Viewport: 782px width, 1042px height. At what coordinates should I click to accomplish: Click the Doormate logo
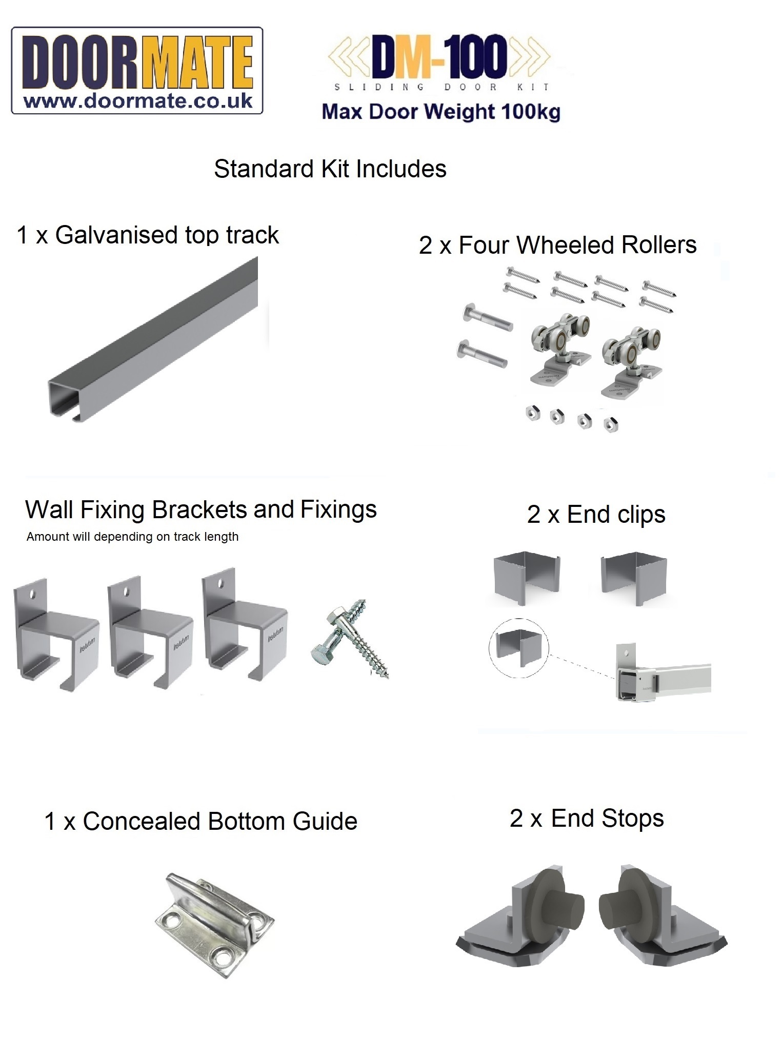[x=137, y=70]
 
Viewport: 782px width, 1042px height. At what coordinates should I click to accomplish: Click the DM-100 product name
[x=439, y=55]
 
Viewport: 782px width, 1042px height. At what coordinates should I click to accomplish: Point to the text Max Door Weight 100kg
[x=441, y=111]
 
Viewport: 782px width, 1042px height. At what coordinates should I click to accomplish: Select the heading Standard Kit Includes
[x=330, y=169]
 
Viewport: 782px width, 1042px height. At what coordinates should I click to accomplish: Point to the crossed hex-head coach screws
[x=350, y=638]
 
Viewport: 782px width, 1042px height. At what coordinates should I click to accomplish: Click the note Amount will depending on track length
[x=132, y=537]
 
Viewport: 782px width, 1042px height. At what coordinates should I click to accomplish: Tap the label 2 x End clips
[x=596, y=515]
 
